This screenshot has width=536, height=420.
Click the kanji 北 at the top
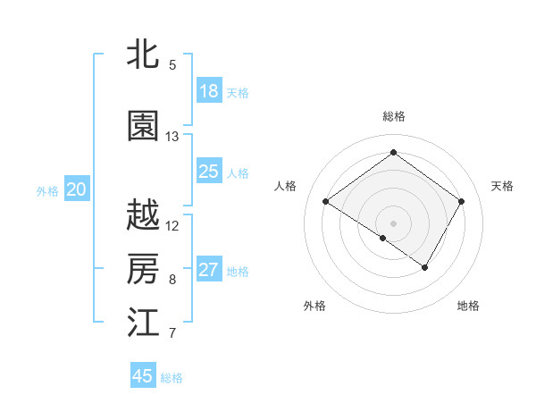click(143, 55)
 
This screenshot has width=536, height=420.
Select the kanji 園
click(143, 127)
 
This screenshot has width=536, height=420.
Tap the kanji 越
click(143, 215)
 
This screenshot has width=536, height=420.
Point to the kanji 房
click(143, 268)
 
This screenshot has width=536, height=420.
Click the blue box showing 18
click(209, 91)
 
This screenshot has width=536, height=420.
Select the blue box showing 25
click(209, 172)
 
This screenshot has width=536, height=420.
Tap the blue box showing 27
click(209, 271)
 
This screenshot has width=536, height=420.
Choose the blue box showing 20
click(77, 189)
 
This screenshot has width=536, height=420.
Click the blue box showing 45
click(143, 376)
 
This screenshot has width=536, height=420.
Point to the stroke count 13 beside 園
click(172, 137)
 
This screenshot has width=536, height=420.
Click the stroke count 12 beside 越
click(172, 226)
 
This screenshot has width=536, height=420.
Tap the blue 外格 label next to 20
click(47, 190)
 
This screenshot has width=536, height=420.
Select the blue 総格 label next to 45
click(172, 378)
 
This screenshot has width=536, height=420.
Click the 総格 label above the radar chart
click(393, 116)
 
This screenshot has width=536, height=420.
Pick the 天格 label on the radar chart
click(502, 186)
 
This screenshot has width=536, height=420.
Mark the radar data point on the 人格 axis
click(326, 202)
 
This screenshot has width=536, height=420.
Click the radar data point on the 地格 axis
click(425, 267)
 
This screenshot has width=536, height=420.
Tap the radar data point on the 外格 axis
click(383, 238)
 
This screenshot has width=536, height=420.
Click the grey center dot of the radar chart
click(393, 223)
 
